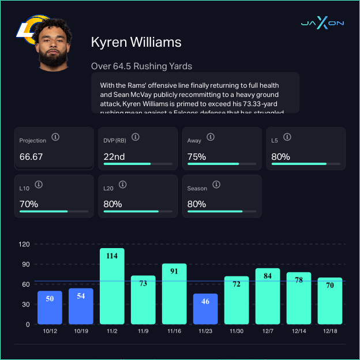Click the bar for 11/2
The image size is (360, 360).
coord(112,286)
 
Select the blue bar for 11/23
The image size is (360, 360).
coord(205,309)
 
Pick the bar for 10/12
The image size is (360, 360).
coord(50,307)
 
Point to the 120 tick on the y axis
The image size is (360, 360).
coord(24,244)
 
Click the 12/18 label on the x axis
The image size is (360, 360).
coord(330,332)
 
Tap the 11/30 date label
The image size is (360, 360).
coord(237,332)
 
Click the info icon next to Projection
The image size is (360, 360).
coord(55,137)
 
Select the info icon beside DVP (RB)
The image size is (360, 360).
coord(136,137)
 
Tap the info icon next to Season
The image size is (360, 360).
coord(216,185)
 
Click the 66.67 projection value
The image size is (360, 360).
coord(31,156)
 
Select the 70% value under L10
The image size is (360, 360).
coord(29,204)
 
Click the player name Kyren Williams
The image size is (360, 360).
coord(136,42)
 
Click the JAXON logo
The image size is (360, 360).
coord(322,23)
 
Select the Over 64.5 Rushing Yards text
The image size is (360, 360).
coord(141,66)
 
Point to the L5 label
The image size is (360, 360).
coord(275,140)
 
